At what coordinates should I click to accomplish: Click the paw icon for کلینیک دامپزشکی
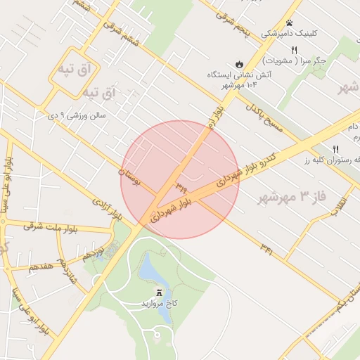pyautogui.click(x=289, y=23)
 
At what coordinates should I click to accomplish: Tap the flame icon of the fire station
pyautogui.click(x=239, y=63)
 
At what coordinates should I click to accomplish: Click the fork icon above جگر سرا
pyautogui.click(x=295, y=49)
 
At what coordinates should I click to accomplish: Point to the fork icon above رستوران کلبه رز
pyautogui.click(x=335, y=148)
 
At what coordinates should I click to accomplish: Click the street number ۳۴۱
pyautogui.click(x=266, y=247)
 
